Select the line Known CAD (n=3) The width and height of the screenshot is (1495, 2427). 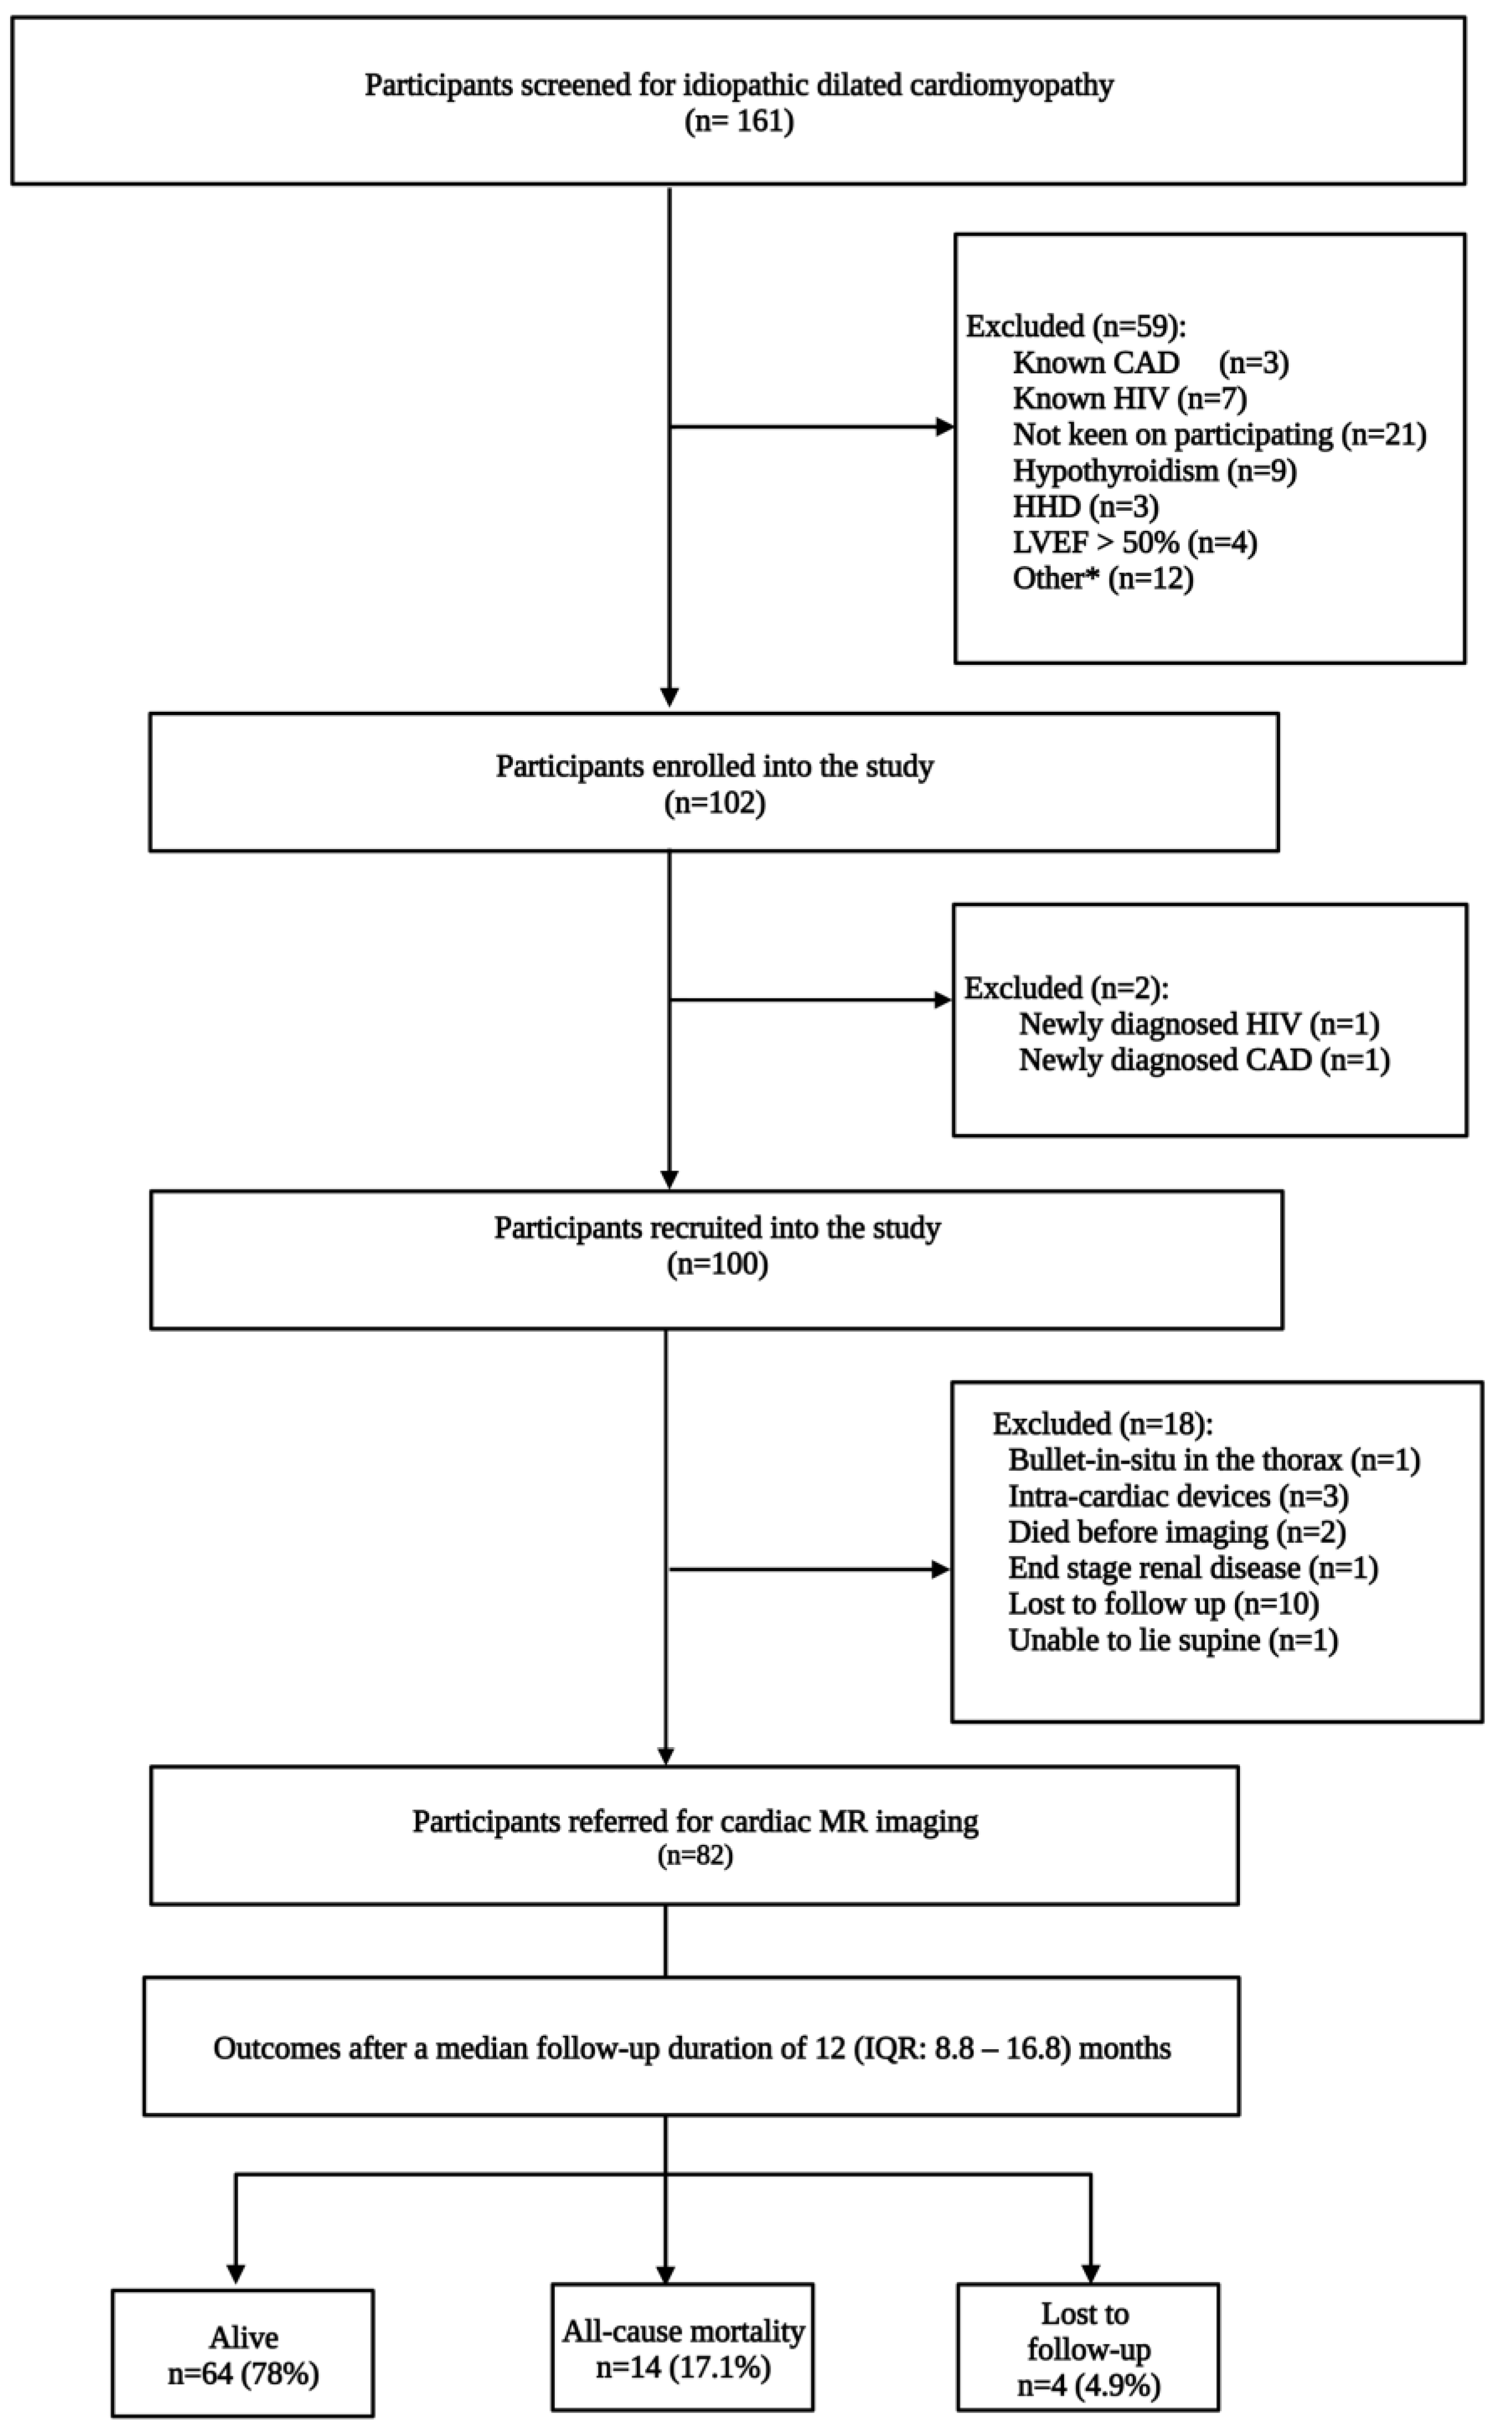1150,363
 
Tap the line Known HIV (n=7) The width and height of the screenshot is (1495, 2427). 1129,399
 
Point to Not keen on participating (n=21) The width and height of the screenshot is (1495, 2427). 1218,434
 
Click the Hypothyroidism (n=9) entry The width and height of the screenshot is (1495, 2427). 1154,470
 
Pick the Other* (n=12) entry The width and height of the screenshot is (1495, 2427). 1103,578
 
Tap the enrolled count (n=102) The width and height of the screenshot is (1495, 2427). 714,803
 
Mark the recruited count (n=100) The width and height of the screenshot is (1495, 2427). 717,1265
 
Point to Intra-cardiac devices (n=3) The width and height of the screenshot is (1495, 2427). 1177,1497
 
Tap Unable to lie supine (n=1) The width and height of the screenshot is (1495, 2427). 1172,1640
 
